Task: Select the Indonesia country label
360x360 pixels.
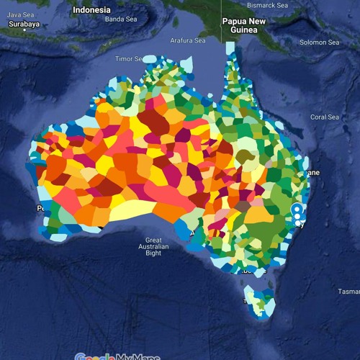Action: [x=92, y=10]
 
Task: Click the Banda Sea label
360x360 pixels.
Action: [x=120, y=19]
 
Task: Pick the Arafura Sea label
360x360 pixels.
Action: [x=186, y=40]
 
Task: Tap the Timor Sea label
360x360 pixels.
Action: [x=130, y=58]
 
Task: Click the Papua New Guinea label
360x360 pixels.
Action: [x=243, y=26]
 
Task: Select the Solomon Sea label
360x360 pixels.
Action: [x=319, y=42]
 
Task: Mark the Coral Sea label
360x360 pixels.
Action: [x=324, y=117]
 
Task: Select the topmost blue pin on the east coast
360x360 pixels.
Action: [x=296, y=210]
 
